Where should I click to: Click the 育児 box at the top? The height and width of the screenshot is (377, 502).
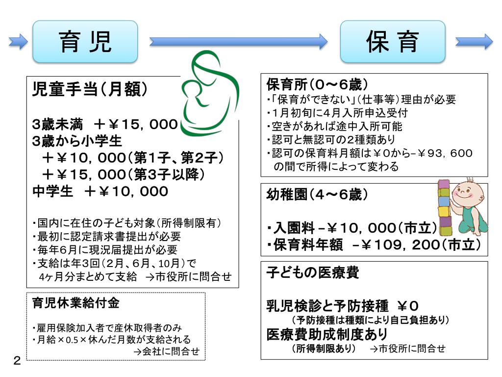tap(85, 42)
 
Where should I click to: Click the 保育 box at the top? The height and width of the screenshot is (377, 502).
tap(393, 42)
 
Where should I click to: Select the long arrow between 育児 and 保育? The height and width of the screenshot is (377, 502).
tap(238, 42)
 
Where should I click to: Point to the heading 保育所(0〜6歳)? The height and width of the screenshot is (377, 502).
tap(317, 84)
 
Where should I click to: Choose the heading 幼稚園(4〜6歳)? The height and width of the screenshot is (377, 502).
tap(317, 195)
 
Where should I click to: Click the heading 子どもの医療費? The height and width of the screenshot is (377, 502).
tap(312, 272)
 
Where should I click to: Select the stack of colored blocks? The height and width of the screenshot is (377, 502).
tap(444, 209)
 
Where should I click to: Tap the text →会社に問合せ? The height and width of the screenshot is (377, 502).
tap(167, 351)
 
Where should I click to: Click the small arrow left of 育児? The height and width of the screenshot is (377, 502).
tap(19, 42)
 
